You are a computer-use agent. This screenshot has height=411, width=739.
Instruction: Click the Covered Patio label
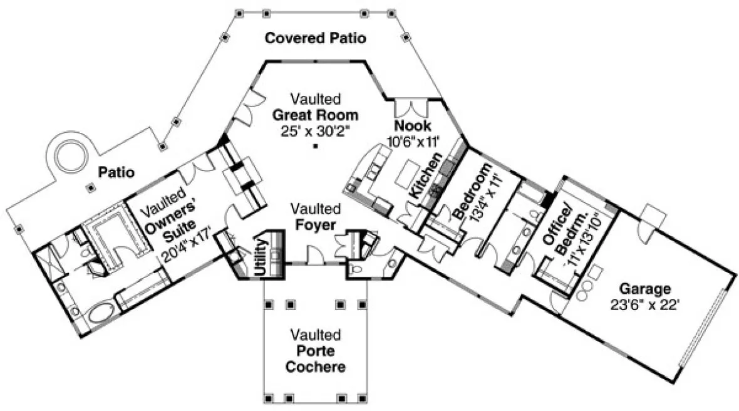tap(315, 38)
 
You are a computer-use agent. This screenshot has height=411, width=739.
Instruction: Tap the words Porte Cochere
tap(315, 358)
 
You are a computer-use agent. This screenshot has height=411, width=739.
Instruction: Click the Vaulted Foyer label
tap(315, 216)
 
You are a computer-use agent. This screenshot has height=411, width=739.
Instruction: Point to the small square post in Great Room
tap(316, 147)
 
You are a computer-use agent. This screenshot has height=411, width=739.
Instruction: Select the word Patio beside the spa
tap(116, 172)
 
